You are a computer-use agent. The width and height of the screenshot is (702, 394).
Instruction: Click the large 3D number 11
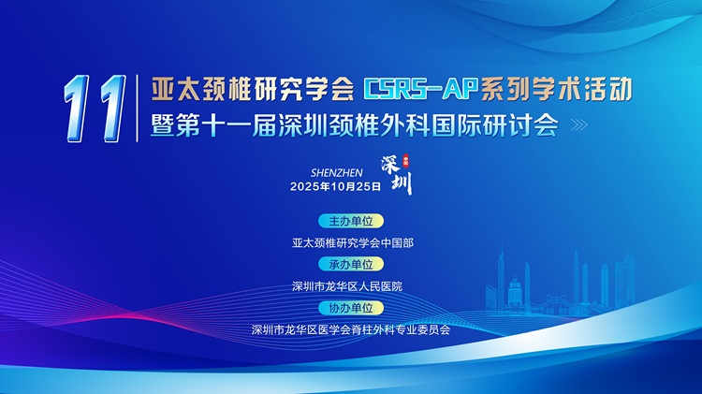point(95,109)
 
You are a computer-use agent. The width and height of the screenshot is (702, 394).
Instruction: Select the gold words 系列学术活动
point(555,89)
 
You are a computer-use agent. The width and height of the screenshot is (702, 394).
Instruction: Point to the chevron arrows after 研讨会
point(579,124)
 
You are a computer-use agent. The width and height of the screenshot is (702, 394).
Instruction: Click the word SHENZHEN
point(337,173)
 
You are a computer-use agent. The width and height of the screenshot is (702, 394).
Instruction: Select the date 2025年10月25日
point(335,186)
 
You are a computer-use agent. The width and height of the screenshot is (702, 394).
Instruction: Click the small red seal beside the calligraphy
point(406,158)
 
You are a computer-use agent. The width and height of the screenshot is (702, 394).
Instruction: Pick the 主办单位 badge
point(351,221)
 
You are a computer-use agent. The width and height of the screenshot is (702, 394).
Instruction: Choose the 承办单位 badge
point(351,264)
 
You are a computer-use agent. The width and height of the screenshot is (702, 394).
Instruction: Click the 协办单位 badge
point(351,308)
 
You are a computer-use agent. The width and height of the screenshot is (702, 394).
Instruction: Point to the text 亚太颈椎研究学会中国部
point(353,243)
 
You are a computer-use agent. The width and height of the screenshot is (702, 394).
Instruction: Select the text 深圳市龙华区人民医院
point(347,286)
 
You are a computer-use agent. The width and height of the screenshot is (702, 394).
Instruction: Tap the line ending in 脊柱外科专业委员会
point(351,330)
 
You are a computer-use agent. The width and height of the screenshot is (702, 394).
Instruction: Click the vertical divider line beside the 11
point(137,109)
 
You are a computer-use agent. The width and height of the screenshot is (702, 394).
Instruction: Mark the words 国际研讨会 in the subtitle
point(495,124)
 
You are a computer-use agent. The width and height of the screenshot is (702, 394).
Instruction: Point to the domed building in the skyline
point(516,291)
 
